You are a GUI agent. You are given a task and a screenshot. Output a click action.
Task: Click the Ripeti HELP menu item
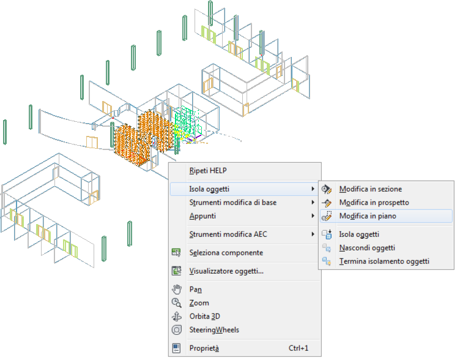[208, 171]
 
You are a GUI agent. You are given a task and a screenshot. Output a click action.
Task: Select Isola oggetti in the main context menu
[209, 189]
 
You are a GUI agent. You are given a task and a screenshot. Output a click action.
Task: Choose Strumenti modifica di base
[233, 203]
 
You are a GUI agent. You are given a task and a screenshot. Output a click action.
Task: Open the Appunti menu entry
[202, 216]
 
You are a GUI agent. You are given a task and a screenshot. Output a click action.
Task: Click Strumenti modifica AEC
[228, 234]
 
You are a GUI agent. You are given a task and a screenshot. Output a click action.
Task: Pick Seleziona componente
[226, 253]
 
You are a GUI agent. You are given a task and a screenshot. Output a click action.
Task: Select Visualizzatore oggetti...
[226, 271]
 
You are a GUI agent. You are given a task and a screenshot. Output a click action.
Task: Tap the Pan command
[196, 290]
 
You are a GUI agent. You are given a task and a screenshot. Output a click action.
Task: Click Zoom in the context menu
[199, 303]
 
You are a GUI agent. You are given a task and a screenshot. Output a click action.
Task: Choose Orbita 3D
[204, 317]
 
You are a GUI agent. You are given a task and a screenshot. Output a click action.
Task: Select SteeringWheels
[214, 330]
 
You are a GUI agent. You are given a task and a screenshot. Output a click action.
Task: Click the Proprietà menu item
[204, 348]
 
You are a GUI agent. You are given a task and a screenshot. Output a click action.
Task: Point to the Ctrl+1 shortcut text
[299, 348]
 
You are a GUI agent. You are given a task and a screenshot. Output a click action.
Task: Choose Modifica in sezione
[371, 189]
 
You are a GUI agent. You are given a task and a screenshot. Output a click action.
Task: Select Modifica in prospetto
[374, 203]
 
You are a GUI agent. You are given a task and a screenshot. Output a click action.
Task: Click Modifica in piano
[368, 216]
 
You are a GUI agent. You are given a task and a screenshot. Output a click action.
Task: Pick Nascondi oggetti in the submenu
[367, 248]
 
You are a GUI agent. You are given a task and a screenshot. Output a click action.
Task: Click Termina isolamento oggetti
[384, 261]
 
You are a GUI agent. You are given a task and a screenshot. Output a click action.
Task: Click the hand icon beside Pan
[177, 290]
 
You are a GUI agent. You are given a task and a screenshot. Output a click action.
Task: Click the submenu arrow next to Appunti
[313, 216]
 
